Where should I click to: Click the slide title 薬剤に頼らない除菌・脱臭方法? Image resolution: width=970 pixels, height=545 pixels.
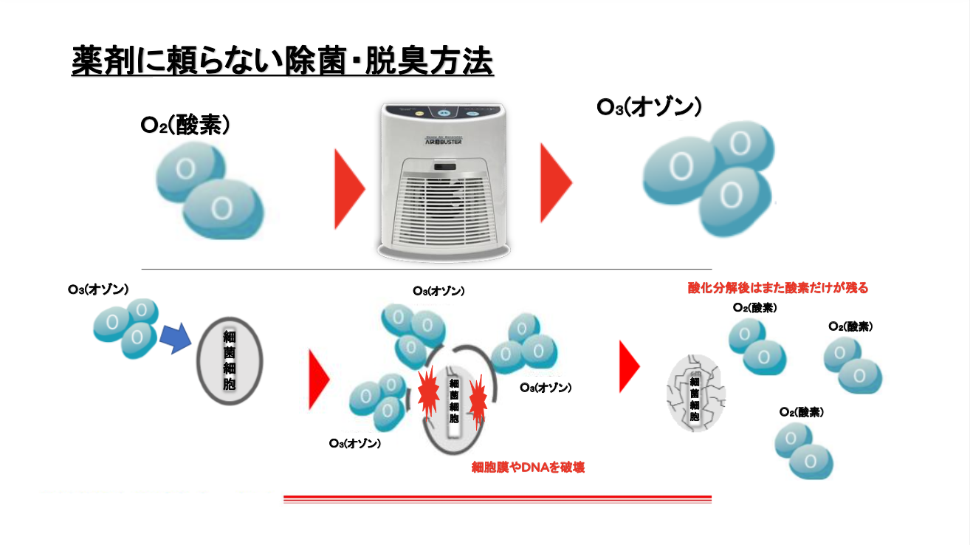click(x=282, y=61)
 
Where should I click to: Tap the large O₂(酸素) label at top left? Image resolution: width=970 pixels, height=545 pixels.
click(x=186, y=125)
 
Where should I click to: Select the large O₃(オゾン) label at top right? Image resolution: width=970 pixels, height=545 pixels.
click(x=648, y=108)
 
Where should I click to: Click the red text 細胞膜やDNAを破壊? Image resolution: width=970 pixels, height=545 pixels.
click(x=528, y=467)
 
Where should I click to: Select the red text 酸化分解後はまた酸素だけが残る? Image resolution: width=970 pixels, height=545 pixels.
click(x=777, y=288)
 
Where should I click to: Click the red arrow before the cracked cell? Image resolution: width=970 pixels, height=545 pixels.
click(x=628, y=367)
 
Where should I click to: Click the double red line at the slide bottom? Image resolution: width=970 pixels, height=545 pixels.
click(x=497, y=499)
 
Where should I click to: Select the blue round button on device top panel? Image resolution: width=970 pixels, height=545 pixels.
click(x=444, y=114)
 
